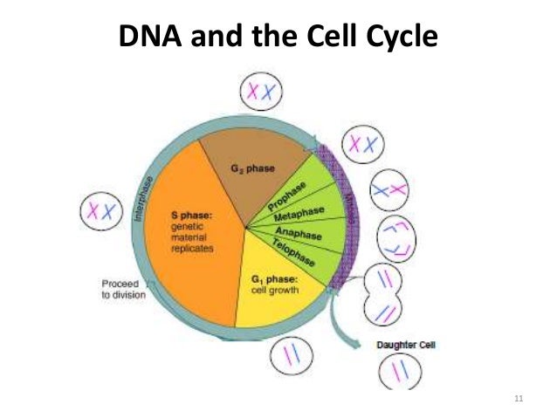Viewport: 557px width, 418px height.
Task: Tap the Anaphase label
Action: click(299, 233)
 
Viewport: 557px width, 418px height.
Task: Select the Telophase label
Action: click(294, 252)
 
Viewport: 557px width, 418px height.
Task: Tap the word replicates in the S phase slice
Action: click(192, 247)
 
